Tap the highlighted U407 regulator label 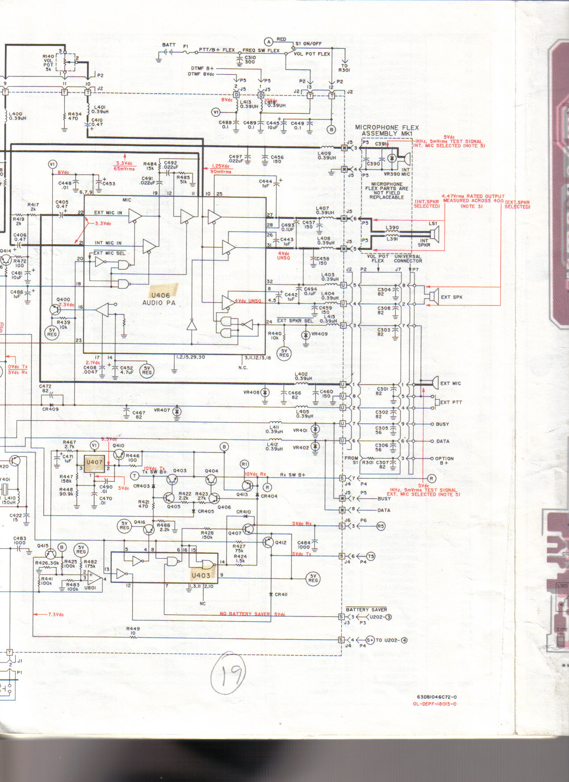(94, 462)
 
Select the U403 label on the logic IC (201, 575)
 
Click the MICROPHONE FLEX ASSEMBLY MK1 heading (387, 130)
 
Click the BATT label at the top (168, 45)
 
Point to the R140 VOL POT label (48, 63)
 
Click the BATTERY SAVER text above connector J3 (366, 609)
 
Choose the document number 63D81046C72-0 (436, 697)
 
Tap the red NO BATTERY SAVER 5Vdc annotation (252, 614)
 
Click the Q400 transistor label (63, 300)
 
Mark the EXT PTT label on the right (451, 402)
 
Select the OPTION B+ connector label (444, 460)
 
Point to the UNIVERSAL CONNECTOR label (407, 259)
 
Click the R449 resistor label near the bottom (133, 629)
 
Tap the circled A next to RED (269, 41)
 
